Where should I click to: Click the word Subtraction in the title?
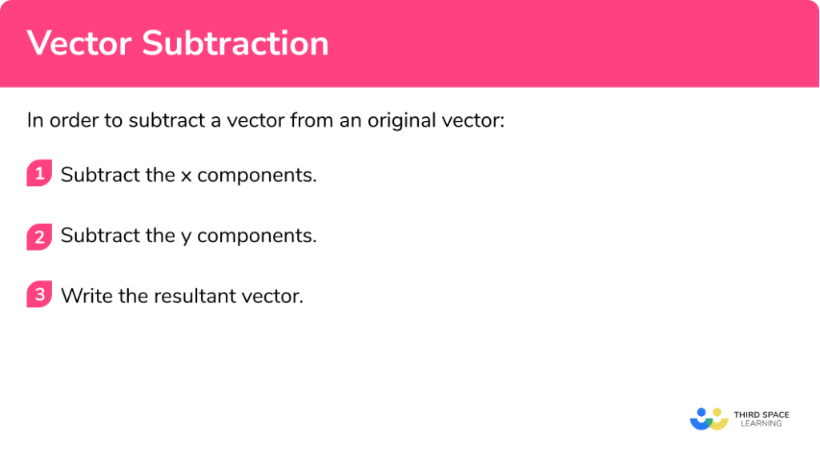tap(247, 43)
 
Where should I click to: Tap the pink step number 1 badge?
tap(39, 173)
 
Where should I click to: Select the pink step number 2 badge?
tap(39, 236)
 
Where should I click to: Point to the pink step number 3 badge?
tap(39, 295)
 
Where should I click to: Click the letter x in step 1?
tap(186, 176)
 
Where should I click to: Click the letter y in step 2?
tap(186, 237)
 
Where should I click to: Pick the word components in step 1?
tap(257, 176)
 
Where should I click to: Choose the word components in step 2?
tap(257, 237)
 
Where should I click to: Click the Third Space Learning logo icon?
tap(708, 418)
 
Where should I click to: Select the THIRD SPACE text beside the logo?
tap(761, 414)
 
